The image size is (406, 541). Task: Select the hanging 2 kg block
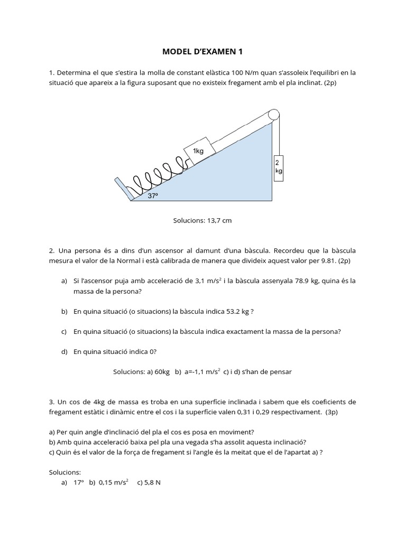[x=278, y=168]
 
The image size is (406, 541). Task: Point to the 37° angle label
[x=153, y=195]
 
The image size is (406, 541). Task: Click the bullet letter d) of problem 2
[x=64, y=352]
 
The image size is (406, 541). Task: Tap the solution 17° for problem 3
[x=79, y=482]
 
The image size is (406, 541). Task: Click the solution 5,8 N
[x=152, y=482]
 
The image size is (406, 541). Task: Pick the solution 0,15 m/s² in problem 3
[x=114, y=482]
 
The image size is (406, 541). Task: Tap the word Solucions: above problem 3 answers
[x=64, y=472]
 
